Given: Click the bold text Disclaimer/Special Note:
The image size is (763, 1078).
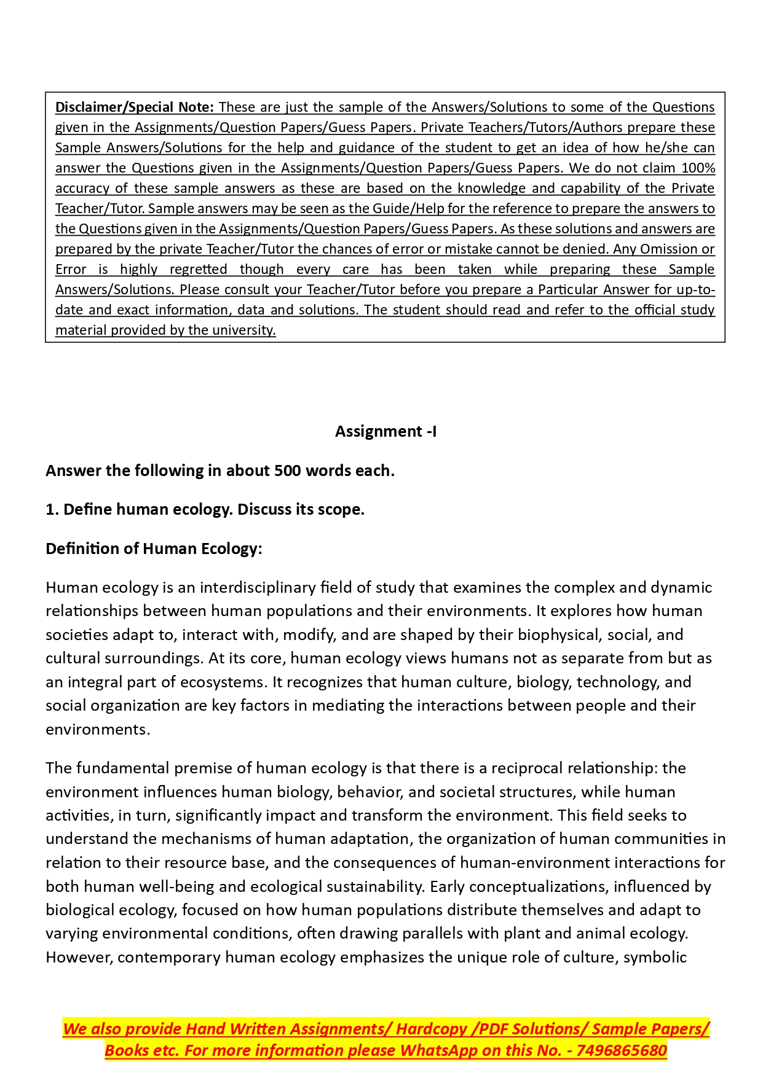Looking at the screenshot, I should coord(135,107).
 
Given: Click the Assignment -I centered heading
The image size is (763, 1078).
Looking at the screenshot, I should coord(385,431).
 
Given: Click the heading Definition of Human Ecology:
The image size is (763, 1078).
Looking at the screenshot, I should coord(154,549).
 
